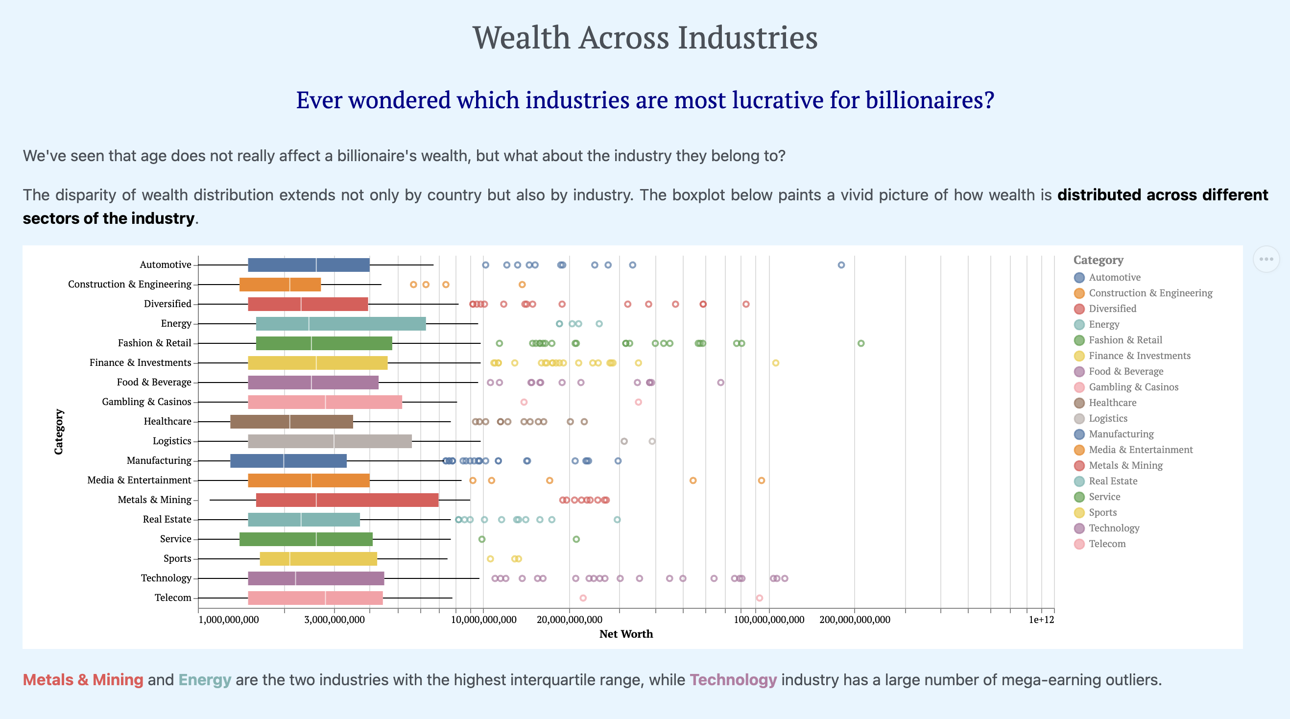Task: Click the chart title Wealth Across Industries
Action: pyautogui.click(x=645, y=38)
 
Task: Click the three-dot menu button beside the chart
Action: pyautogui.click(x=1266, y=259)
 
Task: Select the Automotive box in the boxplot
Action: pyautogui.click(x=309, y=265)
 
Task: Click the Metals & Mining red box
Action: pyautogui.click(x=347, y=500)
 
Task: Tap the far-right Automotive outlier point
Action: pyautogui.click(x=841, y=265)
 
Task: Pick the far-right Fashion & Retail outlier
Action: pyautogui.click(x=861, y=343)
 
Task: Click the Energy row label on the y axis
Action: pyautogui.click(x=176, y=323)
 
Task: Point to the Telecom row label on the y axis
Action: pyautogui.click(x=173, y=598)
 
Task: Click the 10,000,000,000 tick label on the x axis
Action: pyautogui.click(x=483, y=620)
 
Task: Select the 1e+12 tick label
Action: pyautogui.click(x=1041, y=620)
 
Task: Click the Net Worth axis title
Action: pyautogui.click(x=626, y=634)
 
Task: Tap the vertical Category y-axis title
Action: pyautogui.click(x=59, y=431)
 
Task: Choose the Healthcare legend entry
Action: pyautogui.click(x=1112, y=403)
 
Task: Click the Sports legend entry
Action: pyautogui.click(x=1102, y=512)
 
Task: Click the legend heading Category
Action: pyautogui.click(x=1098, y=260)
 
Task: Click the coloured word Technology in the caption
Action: pyautogui.click(x=733, y=680)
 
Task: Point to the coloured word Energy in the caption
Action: pyautogui.click(x=204, y=680)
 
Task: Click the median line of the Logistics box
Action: pyautogui.click(x=334, y=441)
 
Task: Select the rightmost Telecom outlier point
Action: pyautogui.click(x=759, y=598)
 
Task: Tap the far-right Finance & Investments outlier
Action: pyautogui.click(x=775, y=363)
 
